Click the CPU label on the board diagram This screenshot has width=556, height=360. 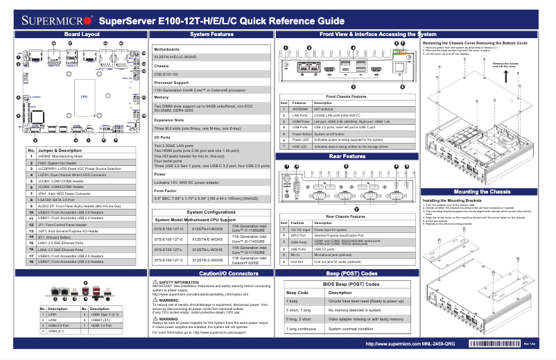click(83, 96)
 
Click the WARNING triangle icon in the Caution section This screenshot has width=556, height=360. click(155, 300)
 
